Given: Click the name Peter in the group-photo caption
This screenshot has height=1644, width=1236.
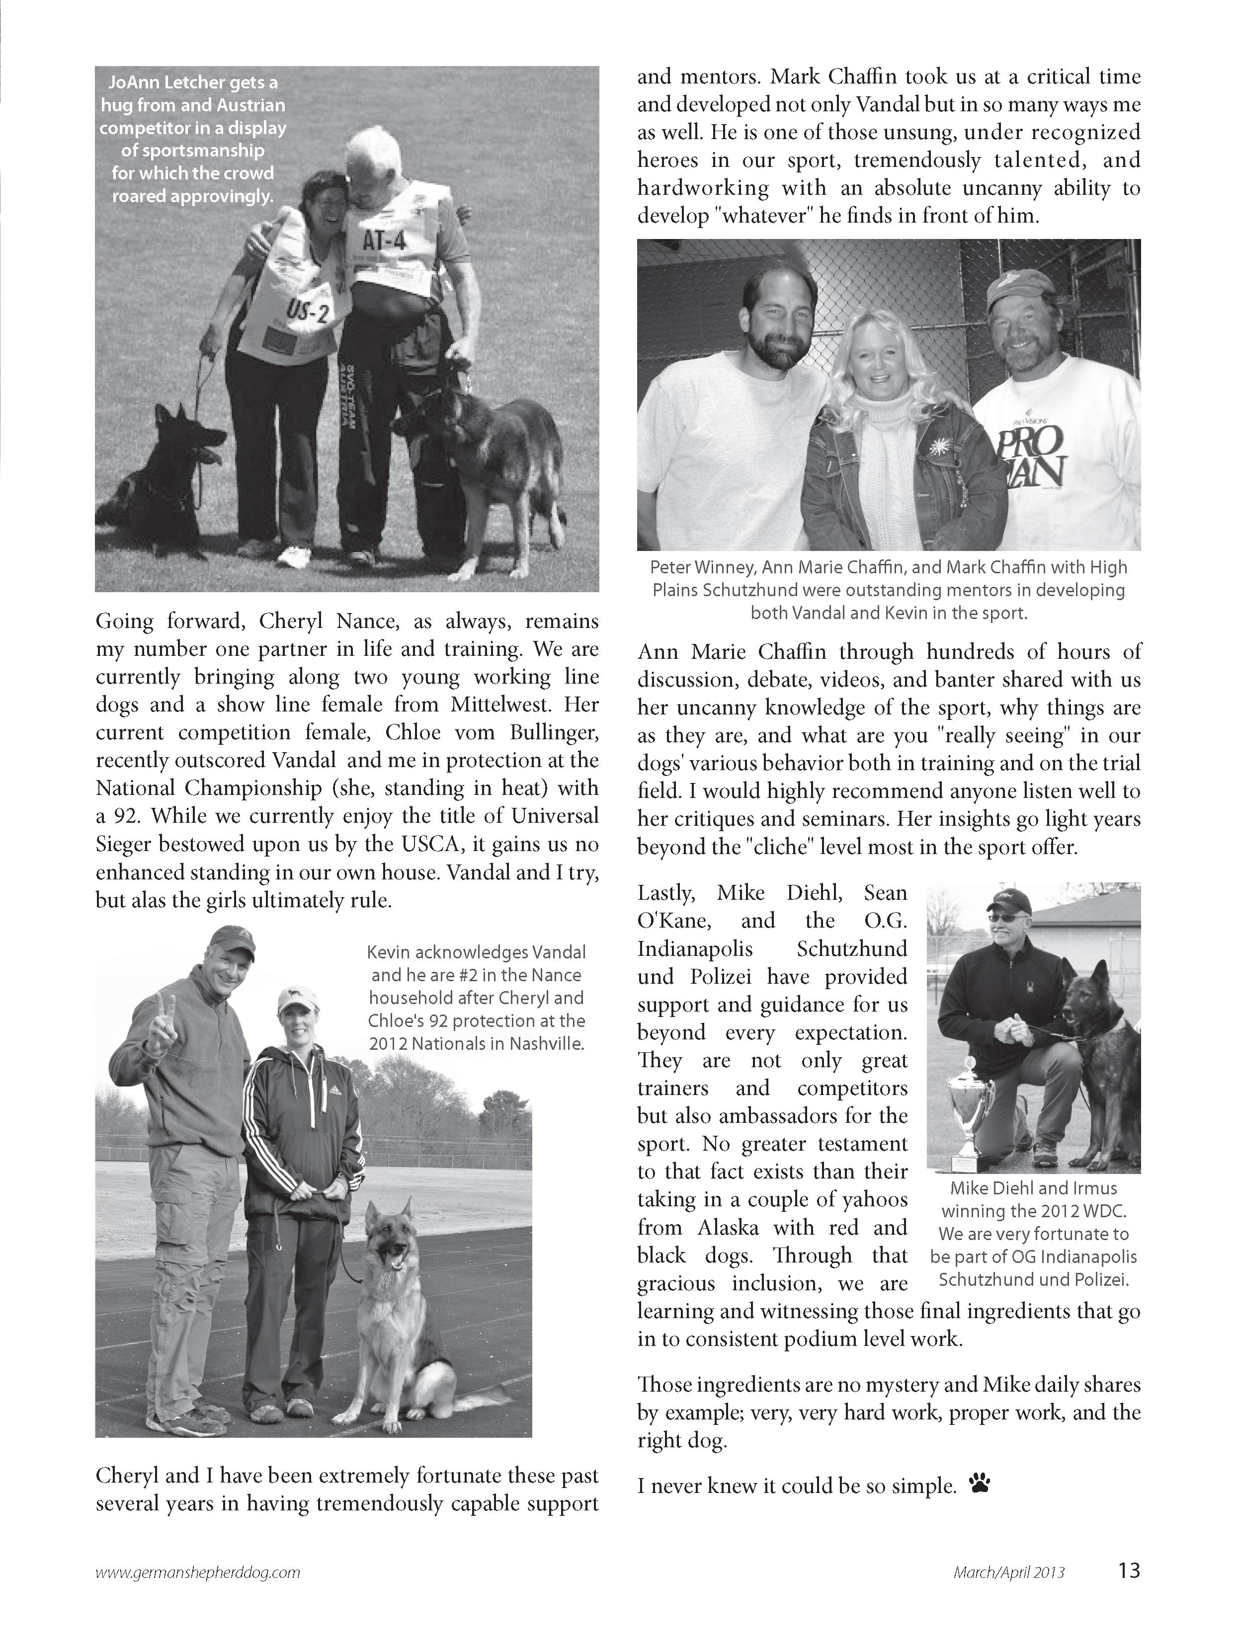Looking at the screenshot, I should click(670, 568).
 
